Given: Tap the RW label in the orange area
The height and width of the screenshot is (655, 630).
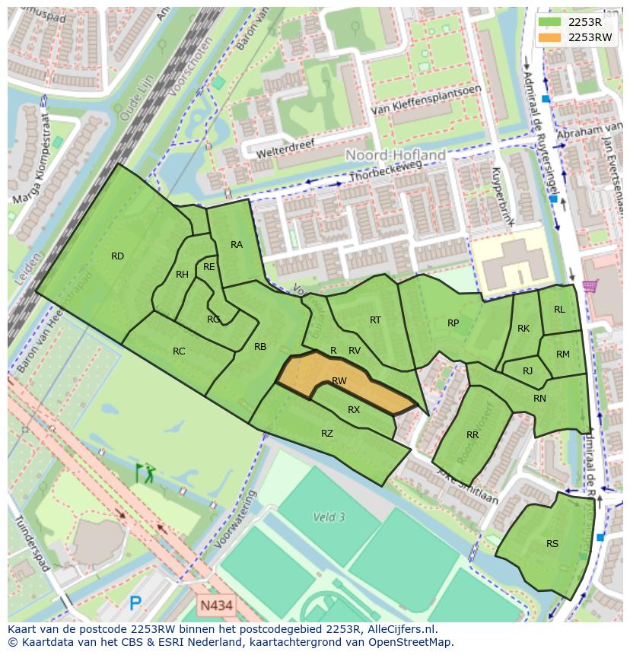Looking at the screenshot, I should (x=339, y=381).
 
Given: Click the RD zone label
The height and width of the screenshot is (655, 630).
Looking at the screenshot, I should (x=117, y=256).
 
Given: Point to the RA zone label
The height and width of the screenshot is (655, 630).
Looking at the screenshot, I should (x=237, y=244).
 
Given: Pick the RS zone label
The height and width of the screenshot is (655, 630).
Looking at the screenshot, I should (x=552, y=543).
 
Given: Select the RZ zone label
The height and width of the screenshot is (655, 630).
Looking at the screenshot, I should (x=327, y=434).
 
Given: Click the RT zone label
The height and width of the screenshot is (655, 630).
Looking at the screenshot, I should (x=375, y=320).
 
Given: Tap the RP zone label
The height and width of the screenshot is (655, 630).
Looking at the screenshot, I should (x=453, y=323).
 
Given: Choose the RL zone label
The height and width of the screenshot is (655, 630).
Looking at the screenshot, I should (x=559, y=310).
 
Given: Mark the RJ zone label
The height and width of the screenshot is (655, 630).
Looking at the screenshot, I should (x=528, y=371).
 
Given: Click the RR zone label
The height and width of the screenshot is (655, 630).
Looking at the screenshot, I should (x=473, y=435).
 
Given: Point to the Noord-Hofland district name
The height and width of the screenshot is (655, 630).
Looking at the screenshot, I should (x=396, y=155).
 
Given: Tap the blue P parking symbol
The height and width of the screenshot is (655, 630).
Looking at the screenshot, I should (x=135, y=604).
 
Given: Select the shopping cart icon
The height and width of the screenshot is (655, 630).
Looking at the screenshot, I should (x=589, y=287).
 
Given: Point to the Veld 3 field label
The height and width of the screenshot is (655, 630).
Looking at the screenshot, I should (x=329, y=517).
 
